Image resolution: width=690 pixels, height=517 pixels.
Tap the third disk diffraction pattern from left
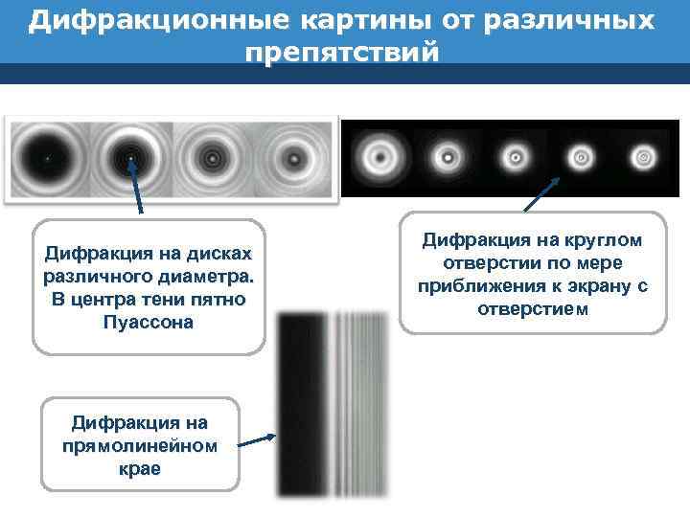pyautogui.click(x=212, y=158)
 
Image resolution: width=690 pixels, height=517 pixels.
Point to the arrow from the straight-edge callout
pyautogui.click(x=257, y=441)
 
